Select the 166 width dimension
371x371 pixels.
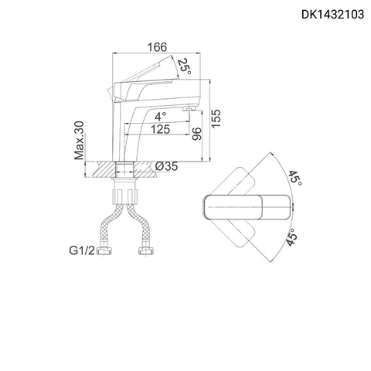pos(158,48)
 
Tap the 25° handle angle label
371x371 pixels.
pos(183,68)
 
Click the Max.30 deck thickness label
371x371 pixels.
pos(79,139)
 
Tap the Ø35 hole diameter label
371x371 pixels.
pos(166,166)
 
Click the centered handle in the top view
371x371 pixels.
pos(245,207)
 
